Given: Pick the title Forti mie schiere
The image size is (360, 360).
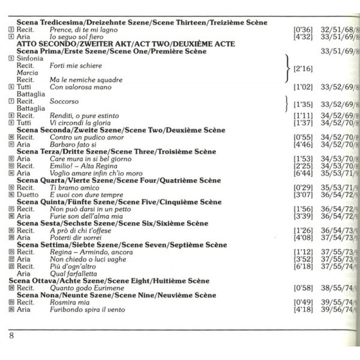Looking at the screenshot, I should click(x=76, y=66).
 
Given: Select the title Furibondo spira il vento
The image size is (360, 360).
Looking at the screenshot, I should click(x=87, y=310).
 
